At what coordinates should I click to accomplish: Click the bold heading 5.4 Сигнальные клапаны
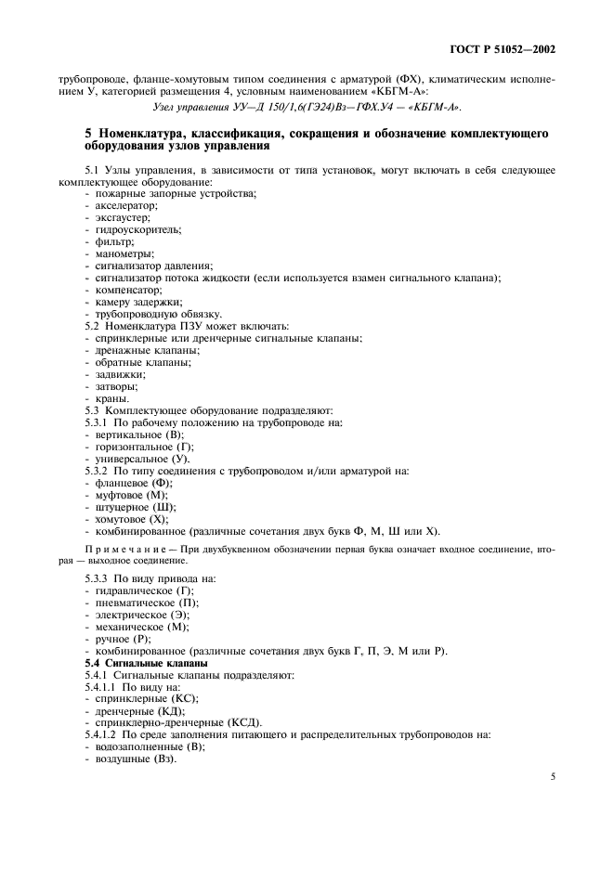[x=142, y=663]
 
